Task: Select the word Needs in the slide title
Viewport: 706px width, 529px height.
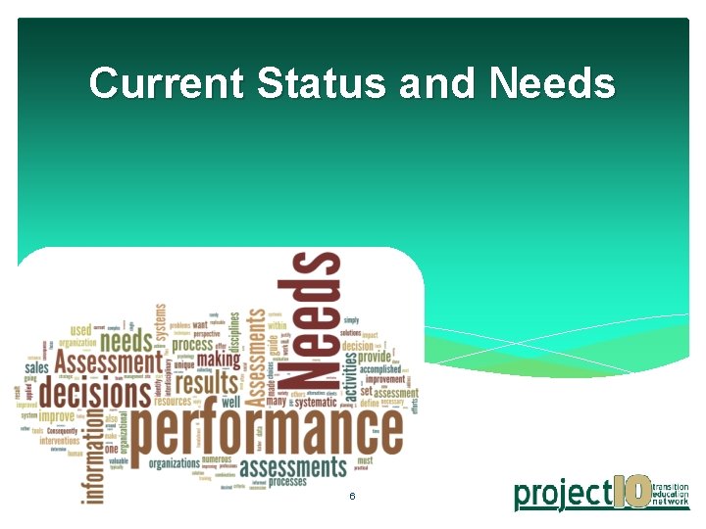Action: click(551, 84)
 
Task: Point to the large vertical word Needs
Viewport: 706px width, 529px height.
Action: click(316, 319)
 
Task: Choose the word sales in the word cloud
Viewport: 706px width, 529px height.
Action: click(36, 368)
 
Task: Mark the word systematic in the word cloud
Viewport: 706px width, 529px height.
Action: click(317, 401)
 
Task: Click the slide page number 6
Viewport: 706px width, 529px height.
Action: click(352, 498)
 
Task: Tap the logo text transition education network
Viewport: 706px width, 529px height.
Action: click(672, 494)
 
